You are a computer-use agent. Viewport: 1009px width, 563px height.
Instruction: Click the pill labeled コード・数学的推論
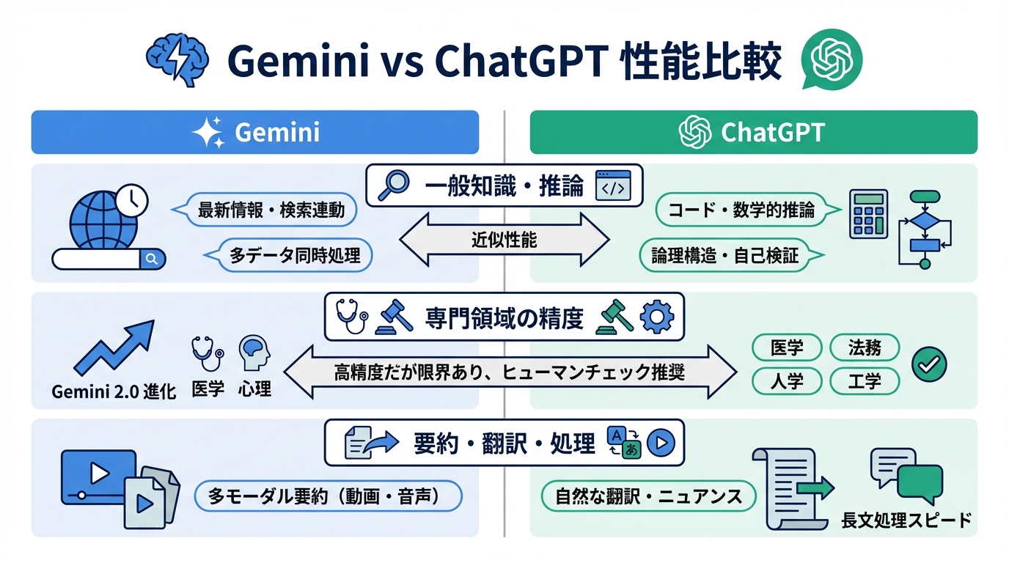click(x=741, y=210)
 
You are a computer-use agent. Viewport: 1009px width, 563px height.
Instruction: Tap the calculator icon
click(x=868, y=213)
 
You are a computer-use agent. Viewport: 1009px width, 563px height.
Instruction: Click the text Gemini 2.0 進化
click(x=114, y=391)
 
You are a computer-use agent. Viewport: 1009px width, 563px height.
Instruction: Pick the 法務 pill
click(x=864, y=347)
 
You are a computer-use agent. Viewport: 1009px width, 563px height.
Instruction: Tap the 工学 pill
click(x=864, y=381)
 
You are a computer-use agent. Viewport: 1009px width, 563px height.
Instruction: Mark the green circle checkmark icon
click(x=928, y=364)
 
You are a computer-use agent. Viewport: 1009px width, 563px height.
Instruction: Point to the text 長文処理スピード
click(x=907, y=520)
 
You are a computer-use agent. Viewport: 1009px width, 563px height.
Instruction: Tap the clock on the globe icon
click(x=131, y=199)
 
